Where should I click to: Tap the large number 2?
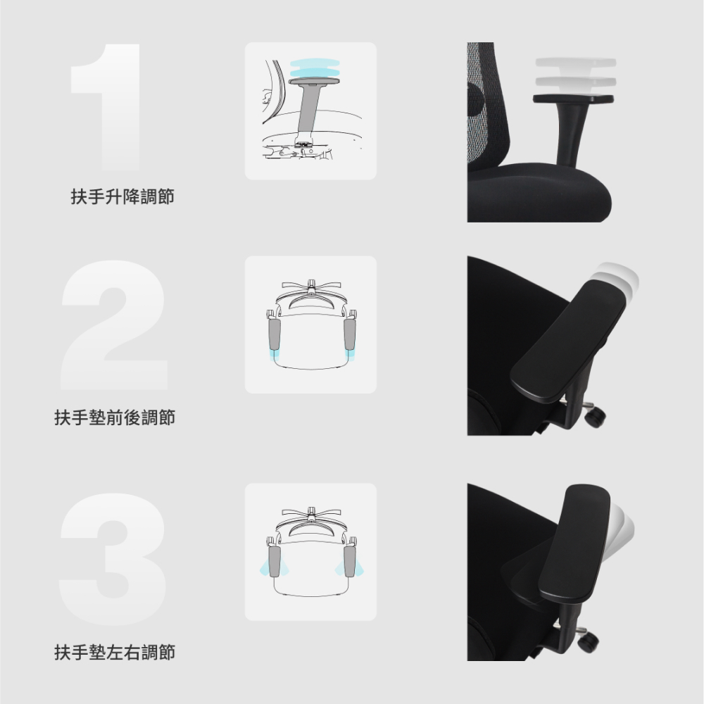(x=115, y=325)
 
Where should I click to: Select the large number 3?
(x=113, y=559)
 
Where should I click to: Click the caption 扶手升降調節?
(x=122, y=196)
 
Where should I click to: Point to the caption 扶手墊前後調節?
(x=115, y=417)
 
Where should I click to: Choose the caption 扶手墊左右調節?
(x=115, y=652)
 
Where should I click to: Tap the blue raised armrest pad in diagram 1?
(x=314, y=68)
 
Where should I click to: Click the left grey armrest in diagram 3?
(x=274, y=561)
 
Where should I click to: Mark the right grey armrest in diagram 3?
(x=350, y=561)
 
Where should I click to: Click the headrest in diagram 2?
(x=311, y=286)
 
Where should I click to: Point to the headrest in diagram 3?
(x=311, y=513)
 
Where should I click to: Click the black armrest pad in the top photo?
(x=573, y=99)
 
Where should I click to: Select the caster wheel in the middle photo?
(x=596, y=415)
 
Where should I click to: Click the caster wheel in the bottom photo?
(x=588, y=641)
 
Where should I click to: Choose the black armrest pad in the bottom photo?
(x=574, y=542)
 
